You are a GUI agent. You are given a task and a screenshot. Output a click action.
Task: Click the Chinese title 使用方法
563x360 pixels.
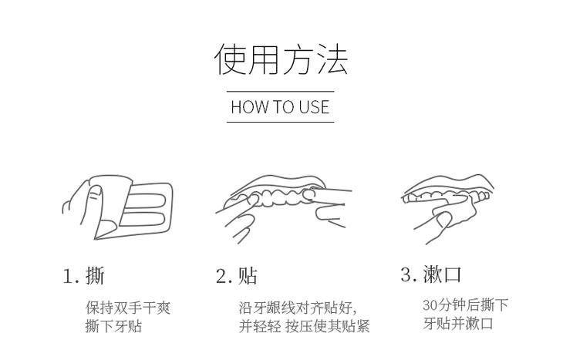coord(281,60)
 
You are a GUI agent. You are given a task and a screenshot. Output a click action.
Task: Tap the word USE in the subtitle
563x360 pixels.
coord(313,106)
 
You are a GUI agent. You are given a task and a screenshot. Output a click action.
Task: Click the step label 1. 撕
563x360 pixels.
coord(83,275)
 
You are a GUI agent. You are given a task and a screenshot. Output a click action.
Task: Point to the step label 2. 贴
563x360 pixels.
coord(236,275)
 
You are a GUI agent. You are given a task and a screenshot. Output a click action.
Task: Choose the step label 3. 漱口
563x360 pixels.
coord(430,274)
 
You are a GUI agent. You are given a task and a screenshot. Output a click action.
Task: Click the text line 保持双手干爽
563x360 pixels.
coord(127,308)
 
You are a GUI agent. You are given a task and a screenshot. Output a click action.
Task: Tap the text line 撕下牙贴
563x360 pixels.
coord(113,326)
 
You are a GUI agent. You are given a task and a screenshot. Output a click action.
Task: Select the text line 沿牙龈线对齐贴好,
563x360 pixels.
coord(298,308)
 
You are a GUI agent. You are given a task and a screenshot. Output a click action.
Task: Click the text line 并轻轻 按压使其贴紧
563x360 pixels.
coord(304,326)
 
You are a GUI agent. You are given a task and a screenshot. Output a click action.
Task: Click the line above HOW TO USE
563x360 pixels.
coord(281,92)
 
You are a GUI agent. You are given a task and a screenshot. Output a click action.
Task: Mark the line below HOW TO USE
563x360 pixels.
coord(281,121)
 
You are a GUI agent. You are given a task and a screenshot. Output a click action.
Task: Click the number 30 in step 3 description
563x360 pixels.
coord(430,305)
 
